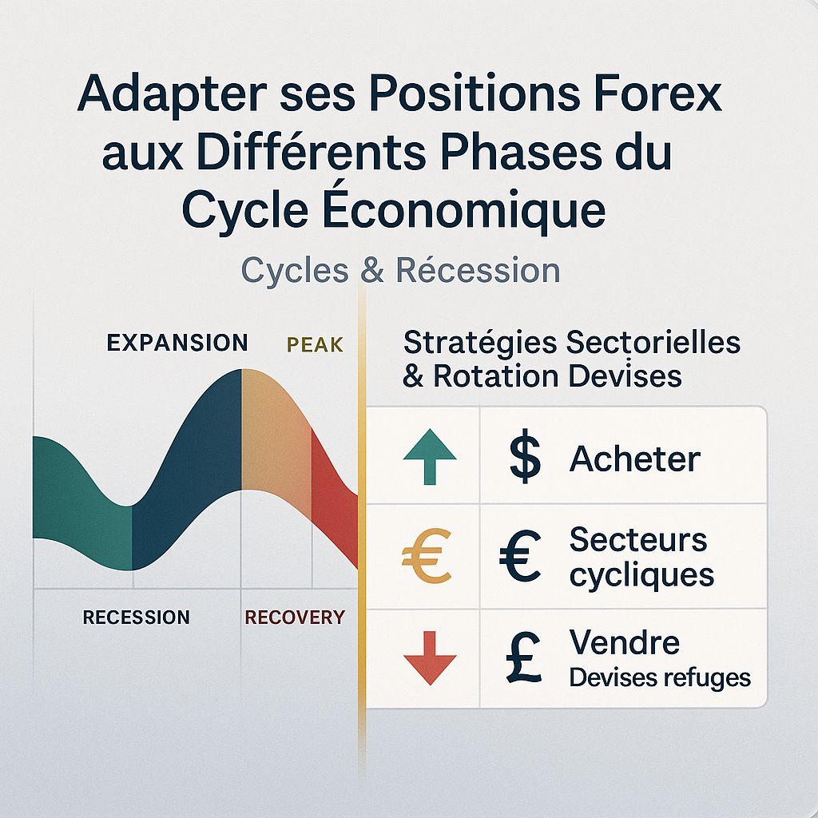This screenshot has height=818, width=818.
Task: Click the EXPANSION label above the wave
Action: [177, 343]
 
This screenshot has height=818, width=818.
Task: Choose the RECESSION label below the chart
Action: [136, 617]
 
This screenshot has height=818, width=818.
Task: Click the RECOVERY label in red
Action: [295, 617]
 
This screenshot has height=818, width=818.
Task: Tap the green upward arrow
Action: [430, 458]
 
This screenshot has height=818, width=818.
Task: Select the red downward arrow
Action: [430, 657]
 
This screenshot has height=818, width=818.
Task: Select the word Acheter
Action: [634, 459]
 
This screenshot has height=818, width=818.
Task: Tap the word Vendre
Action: [624, 642]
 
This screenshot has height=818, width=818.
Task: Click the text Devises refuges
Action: [660, 678]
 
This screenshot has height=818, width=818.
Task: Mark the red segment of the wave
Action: [334, 503]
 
